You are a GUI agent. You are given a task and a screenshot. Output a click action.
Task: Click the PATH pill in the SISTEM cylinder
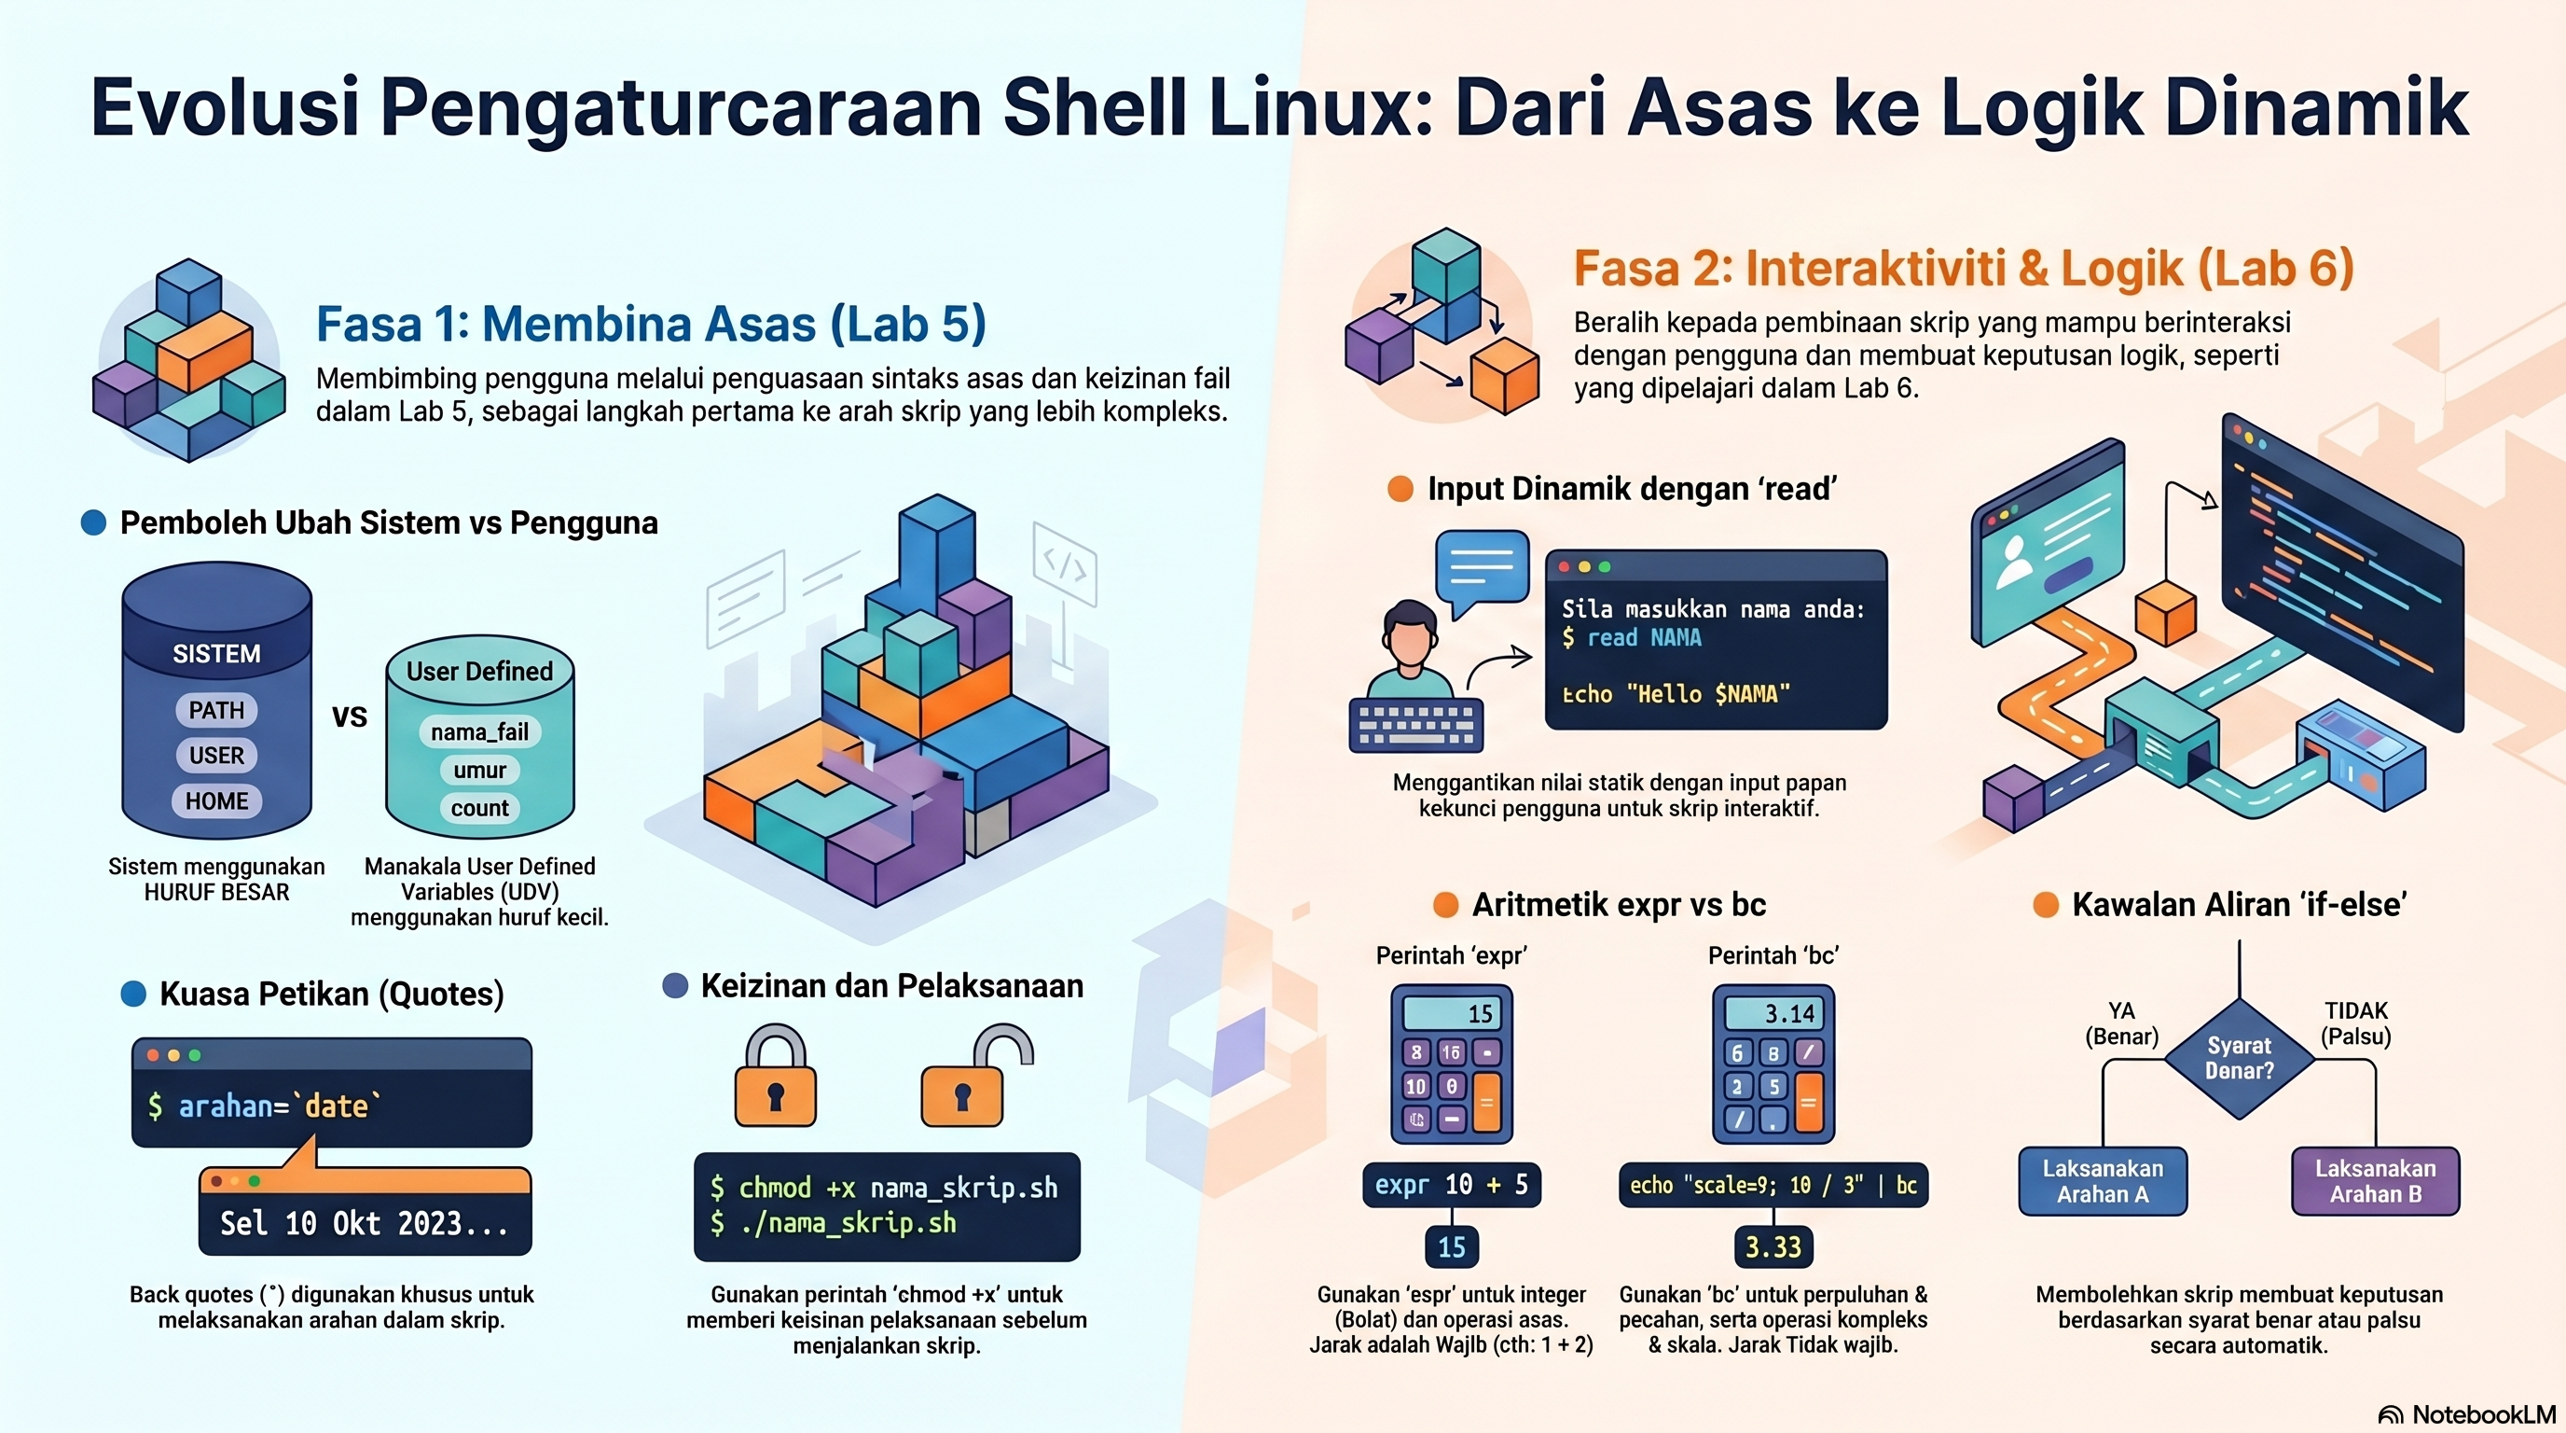pyautogui.click(x=216, y=710)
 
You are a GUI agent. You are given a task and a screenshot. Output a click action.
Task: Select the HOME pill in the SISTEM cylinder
pyautogui.click(x=216, y=800)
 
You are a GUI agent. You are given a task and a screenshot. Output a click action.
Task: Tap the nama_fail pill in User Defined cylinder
pyautogui.click(x=480, y=731)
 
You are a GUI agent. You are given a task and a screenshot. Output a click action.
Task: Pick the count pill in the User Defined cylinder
pyautogui.click(x=480, y=807)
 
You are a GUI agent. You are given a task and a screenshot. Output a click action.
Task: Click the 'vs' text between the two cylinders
pyautogui.click(x=350, y=716)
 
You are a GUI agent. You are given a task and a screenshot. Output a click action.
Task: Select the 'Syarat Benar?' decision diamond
pyautogui.click(x=2240, y=1058)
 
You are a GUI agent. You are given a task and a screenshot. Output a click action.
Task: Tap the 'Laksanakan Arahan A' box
pyautogui.click(x=2103, y=1181)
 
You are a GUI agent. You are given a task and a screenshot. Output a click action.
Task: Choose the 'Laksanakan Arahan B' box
pyautogui.click(x=2376, y=1181)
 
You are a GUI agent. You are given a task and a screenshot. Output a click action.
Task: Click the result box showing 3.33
pyautogui.click(x=1773, y=1246)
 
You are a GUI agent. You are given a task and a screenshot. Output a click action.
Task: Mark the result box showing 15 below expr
pyautogui.click(x=1452, y=1246)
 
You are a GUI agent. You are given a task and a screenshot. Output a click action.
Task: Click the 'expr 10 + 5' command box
pyautogui.click(x=1452, y=1185)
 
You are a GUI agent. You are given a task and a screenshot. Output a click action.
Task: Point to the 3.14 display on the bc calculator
pyautogui.click(x=1774, y=1013)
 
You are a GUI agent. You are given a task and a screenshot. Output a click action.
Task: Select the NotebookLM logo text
pyautogui.click(x=2484, y=1414)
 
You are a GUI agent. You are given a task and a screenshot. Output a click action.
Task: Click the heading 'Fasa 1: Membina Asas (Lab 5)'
pyautogui.click(x=651, y=324)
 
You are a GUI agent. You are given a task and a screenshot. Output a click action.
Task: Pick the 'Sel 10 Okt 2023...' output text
pyautogui.click(x=364, y=1223)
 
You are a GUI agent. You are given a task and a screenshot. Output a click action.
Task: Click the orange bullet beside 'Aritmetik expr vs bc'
pyautogui.click(x=1445, y=905)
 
